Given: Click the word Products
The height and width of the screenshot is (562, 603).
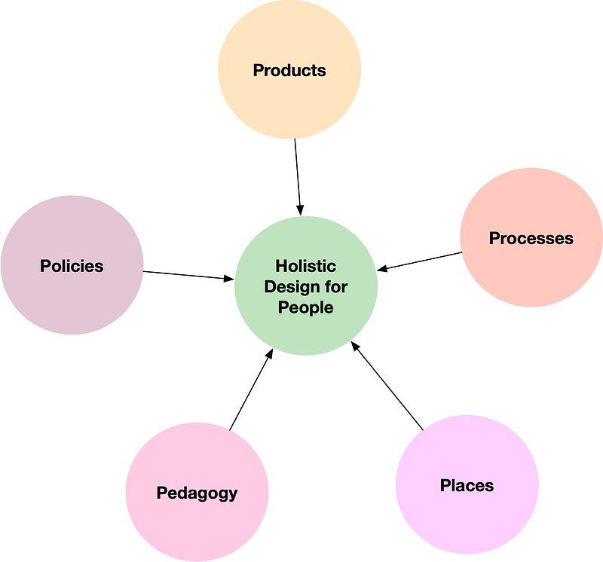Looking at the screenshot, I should tap(289, 71).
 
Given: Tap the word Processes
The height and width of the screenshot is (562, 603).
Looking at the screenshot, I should tap(531, 239).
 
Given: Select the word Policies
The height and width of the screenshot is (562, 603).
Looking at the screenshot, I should tap(72, 266).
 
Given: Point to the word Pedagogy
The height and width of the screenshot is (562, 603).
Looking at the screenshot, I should tap(197, 493).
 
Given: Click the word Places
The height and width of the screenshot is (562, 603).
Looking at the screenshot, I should tap(467, 486).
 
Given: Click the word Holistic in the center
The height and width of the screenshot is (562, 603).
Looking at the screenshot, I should tap(305, 266).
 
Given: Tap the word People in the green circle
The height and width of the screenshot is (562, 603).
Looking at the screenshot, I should tap(305, 307).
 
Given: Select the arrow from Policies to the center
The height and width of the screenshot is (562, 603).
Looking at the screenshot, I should tap(188, 275).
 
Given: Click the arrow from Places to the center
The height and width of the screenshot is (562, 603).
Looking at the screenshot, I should tap(387, 386).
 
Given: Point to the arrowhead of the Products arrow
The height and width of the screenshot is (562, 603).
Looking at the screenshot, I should tap(300, 211).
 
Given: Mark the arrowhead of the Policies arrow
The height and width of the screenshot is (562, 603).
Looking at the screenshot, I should tap(231, 279).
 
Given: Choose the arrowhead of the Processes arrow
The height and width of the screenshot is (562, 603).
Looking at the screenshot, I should tap(382, 268).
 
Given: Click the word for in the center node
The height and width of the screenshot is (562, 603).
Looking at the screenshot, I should tap(337, 287).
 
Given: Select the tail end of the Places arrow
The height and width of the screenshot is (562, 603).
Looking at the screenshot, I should tap(422, 428).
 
